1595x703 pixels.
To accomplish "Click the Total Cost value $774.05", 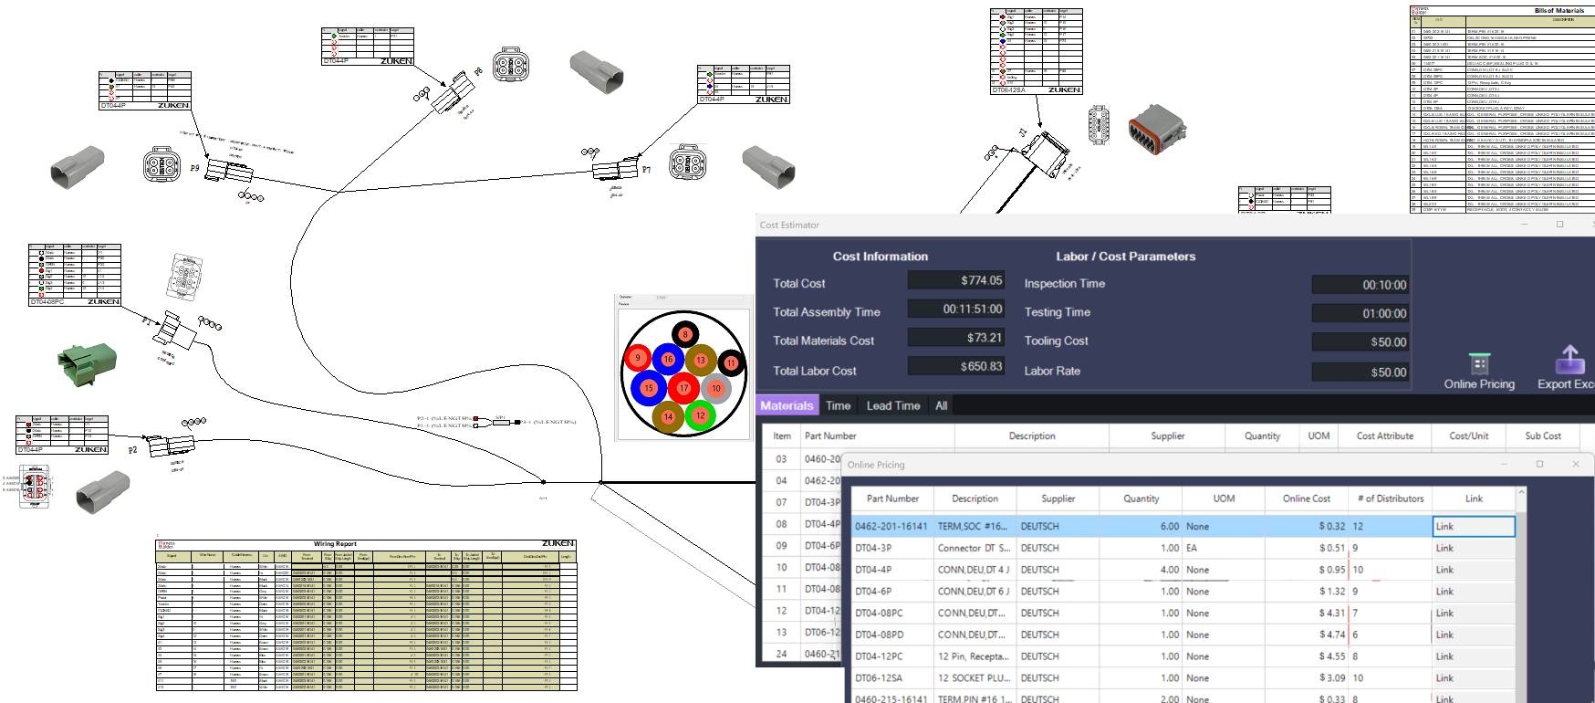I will tap(956, 281).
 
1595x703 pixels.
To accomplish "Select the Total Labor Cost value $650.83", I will tap(956, 367).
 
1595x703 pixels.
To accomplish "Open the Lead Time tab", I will tap(892, 406).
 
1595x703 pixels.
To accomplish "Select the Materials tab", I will tap(787, 406).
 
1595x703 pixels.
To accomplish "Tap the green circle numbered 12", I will tap(700, 415).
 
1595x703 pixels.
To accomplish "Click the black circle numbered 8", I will tap(685, 334).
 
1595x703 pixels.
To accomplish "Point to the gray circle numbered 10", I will tap(716, 389).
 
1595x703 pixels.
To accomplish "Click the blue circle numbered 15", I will tap(649, 388).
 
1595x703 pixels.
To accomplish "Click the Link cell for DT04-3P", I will tap(1473, 549).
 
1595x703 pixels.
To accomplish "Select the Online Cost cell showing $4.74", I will tap(1307, 635).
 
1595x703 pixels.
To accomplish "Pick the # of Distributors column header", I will tap(1390, 498).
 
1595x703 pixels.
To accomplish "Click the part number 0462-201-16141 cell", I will tap(891, 527).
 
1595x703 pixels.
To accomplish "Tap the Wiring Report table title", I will tap(335, 544).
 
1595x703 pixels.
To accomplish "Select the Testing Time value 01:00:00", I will tap(1360, 313).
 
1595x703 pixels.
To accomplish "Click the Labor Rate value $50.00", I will tap(1360, 372).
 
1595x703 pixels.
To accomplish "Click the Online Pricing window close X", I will tap(1575, 464).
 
